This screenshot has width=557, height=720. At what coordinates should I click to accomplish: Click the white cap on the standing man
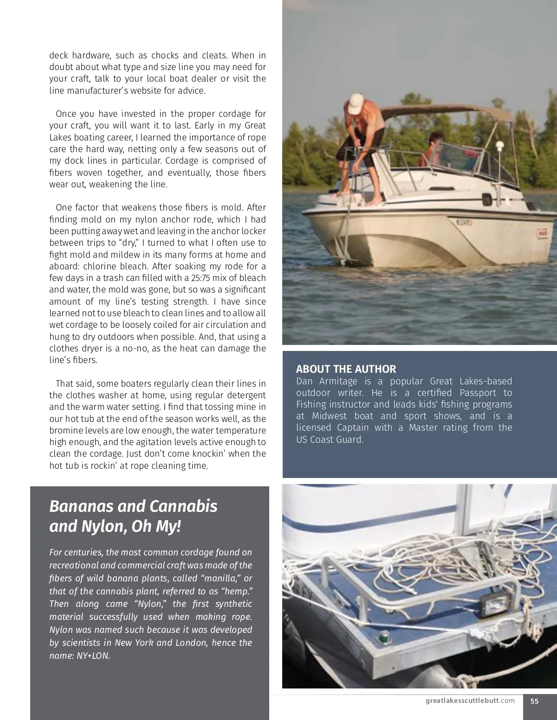pyautogui.click(x=356, y=103)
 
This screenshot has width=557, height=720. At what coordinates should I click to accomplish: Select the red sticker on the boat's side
pyautogui.click(x=542, y=233)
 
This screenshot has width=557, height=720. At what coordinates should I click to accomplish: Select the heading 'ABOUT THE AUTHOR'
pyautogui.click(x=346, y=369)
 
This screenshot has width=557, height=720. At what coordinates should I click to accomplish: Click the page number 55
pyautogui.click(x=534, y=701)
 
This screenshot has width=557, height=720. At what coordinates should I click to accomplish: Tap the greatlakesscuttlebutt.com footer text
pyautogui.click(x=470, y=701)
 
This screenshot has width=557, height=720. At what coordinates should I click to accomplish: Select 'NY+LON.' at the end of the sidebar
pyautogui.click(x=94, y=656)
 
